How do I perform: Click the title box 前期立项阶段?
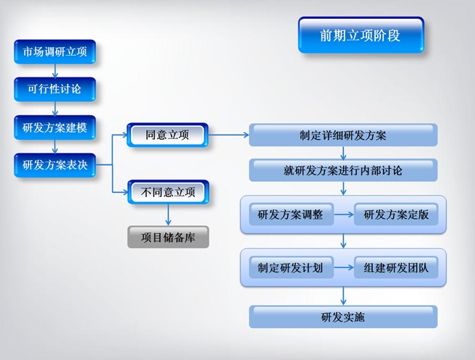(x=361, y=35)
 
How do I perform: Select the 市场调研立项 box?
(x=55, y=51)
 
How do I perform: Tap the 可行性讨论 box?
(x=55, y=89)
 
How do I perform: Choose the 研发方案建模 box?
(x=55, y=127)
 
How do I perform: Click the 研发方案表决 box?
(x=55, y=165)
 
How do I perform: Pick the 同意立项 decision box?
(x=167, y=135)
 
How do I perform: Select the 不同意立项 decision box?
(x=168, y=192)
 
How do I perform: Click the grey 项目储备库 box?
(x=168, y=237)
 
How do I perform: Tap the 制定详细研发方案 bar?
(x=343, y=135)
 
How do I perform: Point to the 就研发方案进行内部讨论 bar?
(x=343, y=170)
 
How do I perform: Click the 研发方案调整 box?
(x=291, y=214)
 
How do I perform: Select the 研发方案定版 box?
(x=396, y=214)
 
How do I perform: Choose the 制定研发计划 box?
(x=291, y=267)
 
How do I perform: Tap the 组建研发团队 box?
(x=396, y=267)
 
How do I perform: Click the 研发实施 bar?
(x=343, y=317)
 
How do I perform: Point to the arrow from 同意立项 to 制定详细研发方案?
(x=229, y=135)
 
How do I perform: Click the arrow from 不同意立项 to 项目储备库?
(x=168, y=215)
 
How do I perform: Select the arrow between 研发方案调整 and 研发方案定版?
(x=344, y=214)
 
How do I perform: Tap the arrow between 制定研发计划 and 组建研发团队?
(x=344, y=267)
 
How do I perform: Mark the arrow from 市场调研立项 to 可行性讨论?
(x=55, y=70)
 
